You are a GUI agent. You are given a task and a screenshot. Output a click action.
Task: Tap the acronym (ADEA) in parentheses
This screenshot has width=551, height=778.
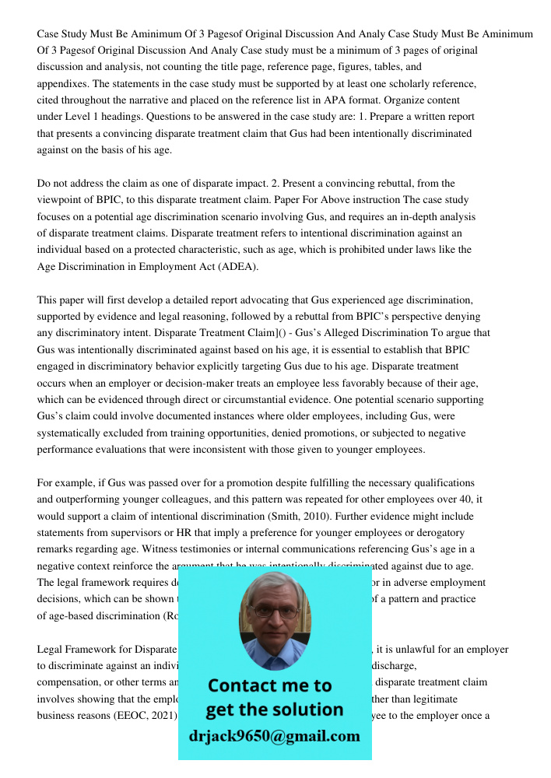(x=233, y=266)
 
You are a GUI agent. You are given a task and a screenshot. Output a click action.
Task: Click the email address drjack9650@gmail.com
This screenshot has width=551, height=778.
(x=275, y=736)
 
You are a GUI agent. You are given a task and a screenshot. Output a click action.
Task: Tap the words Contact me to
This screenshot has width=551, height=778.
(x=270, y=685)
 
